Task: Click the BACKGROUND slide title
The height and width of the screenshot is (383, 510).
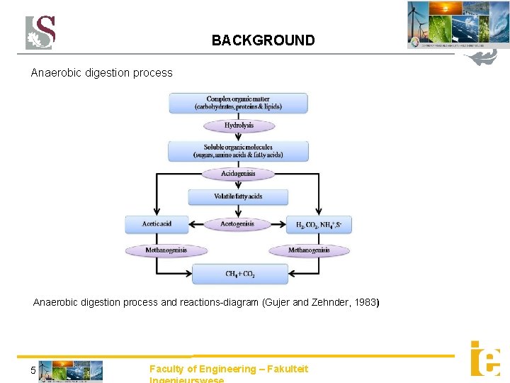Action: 263,40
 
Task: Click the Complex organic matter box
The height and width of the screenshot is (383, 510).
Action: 238,103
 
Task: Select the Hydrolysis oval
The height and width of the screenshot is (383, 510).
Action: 239,126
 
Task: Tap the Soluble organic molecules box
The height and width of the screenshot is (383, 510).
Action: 238,151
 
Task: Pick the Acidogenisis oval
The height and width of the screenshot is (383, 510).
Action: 238,174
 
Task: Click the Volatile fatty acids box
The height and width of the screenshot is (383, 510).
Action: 238,196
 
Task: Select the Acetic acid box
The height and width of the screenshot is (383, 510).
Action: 157,224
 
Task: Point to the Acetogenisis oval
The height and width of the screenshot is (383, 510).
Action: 237,224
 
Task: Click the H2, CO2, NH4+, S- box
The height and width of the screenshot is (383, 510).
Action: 318,225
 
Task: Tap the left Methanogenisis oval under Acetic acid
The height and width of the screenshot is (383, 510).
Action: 166,250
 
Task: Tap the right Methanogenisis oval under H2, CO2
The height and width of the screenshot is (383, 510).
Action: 309,250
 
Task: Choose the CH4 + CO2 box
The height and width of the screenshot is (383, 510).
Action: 240,274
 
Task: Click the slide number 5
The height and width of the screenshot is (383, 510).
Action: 33,370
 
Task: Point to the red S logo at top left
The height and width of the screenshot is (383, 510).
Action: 40,33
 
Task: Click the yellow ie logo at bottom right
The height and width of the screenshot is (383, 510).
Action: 485,358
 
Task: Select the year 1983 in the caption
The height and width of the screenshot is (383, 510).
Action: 365,303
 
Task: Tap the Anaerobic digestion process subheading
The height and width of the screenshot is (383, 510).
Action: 101,72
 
